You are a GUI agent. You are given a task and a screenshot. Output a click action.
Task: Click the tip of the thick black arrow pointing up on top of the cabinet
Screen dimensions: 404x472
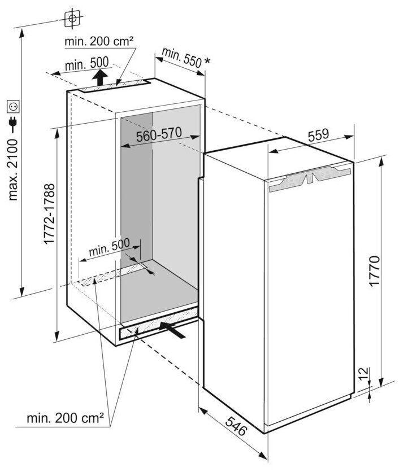pos(99,69)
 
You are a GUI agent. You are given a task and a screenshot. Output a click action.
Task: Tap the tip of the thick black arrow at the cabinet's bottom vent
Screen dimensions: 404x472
pos(159,324)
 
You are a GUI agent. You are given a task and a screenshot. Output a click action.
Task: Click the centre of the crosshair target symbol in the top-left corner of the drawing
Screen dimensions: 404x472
pos(72,19)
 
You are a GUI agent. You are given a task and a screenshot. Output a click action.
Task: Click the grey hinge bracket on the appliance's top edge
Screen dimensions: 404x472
pos(311,178)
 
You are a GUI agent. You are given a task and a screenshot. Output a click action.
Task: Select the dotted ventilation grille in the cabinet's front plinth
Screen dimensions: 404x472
pos(159,324)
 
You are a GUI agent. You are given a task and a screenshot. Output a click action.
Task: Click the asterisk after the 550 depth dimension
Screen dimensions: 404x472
pos(207,61)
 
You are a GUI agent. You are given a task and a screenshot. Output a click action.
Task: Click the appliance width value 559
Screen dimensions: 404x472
pos(319,135)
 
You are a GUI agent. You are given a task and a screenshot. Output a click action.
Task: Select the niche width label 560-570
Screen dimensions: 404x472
pos(159,134)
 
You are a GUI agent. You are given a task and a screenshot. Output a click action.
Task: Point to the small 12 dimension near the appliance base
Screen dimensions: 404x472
pos(364,374)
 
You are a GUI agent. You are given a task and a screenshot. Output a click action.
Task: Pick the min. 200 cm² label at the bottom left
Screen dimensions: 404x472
pos(66,418)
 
